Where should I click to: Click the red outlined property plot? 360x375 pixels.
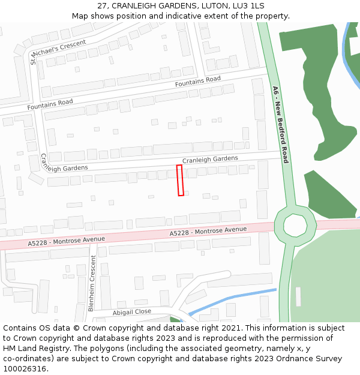pos(180,180)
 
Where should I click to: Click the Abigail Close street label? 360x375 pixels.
pos(132,312)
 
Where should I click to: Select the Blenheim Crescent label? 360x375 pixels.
pos(92,283)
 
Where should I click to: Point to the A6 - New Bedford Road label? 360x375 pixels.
pos(281,125)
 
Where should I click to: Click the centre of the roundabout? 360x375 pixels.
pos(295,226)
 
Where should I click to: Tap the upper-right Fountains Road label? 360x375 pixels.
pos(198,82)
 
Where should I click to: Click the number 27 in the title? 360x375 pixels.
pos(101,6)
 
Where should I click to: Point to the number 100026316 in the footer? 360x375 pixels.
pos(24,369)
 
